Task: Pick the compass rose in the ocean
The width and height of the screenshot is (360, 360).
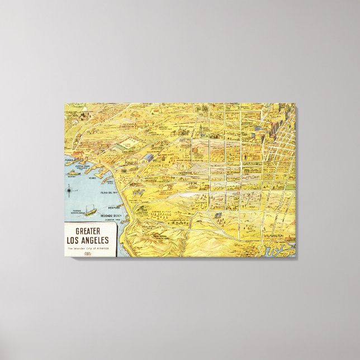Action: [69, 192]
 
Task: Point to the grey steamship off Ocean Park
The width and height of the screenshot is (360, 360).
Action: [74, 173]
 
